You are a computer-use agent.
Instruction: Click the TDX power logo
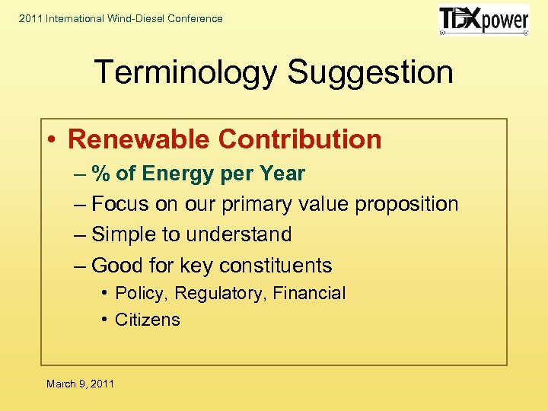tap(483, 20)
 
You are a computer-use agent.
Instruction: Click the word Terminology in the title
tap(184, 72)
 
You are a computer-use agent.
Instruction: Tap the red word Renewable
tap(138, 139)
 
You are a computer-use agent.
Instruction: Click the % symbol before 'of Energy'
tap(101, 174)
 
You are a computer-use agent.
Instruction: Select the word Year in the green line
tap(282, 174)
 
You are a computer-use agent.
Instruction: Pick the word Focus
tap(119, 204)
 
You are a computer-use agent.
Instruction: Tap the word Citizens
tap(147, 320)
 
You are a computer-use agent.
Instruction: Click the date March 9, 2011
tap(80, 384)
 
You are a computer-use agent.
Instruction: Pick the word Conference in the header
tap(198, 18)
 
